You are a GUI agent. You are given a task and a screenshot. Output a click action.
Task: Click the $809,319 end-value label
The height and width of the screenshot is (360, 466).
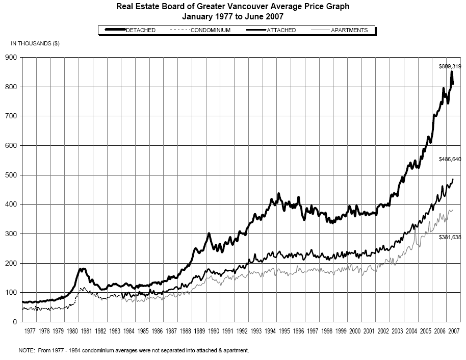tap(450, 66)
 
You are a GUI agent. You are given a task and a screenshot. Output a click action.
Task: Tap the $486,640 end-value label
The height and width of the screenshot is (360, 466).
tap(450, 160)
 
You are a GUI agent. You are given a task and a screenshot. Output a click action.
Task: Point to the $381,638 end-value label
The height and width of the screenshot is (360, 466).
tap(450, 237)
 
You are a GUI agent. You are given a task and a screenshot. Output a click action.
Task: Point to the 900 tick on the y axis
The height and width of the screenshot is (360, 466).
tap(13, 58)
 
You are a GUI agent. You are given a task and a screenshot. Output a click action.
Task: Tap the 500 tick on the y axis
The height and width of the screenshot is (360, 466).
tap(13, 175)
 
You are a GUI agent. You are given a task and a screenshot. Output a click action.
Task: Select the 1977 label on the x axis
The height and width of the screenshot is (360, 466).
tap(30, 331)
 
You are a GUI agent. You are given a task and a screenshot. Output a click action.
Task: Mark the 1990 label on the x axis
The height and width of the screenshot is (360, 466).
tap(214, 331)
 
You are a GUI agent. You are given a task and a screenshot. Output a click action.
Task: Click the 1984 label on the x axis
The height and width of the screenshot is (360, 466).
tap(129, 331)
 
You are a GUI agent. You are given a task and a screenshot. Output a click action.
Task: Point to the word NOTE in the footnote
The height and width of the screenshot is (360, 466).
tap(25, 350)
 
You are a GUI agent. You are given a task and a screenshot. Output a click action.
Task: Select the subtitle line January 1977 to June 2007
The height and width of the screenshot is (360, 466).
tap(233, 16)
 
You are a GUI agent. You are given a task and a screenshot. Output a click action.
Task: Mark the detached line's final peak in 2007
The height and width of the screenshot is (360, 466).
tap(451, 72)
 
